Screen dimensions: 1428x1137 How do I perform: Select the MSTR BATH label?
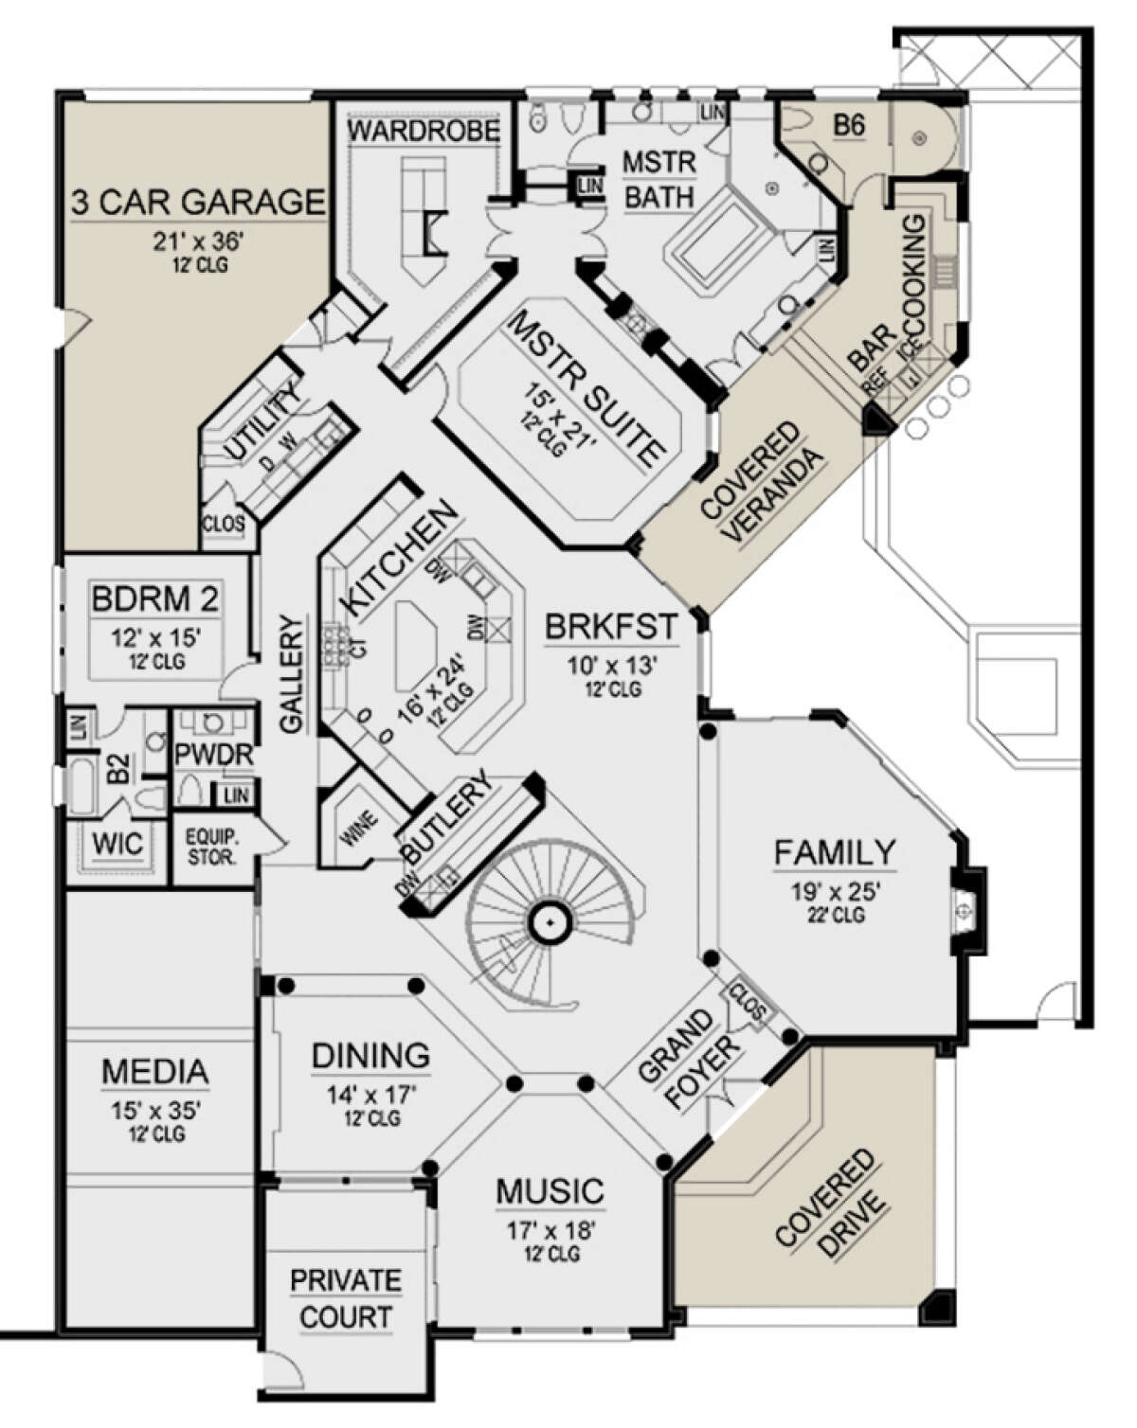pyautogui.click(x=659, y=179)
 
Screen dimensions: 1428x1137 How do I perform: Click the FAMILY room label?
pyautogui.click(x=834, y=852)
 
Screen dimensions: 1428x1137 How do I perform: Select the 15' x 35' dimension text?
pyautogui.click(x=156, y=1110)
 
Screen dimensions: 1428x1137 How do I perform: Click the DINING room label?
pyautogui.click(x=370, y=1055)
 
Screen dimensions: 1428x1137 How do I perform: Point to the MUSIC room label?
pyautogui.click(x=550, y=1191)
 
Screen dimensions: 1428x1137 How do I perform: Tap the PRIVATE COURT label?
pyautogui.click(x=345, y=1298)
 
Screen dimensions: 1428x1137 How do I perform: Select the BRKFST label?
pyautogui.click(x=611, y=627)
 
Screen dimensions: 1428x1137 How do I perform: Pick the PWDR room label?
pyautogui.click(x=214, y=755)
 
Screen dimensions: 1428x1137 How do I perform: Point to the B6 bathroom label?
pyautogui.click(x=848, y=125)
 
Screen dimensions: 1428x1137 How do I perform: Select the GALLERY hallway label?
pyautogui.click(x=292, y=673)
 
